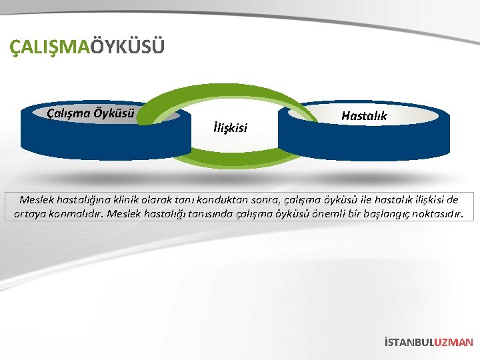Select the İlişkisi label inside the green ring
pos(230,126)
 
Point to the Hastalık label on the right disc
pos(364,115)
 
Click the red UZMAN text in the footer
pos(453,342)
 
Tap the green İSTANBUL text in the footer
pos(409,342)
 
